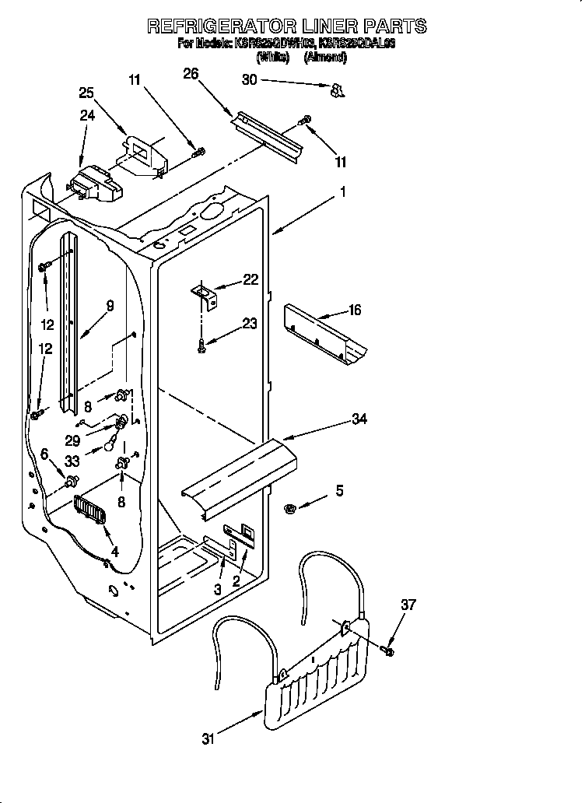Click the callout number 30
(249, 79)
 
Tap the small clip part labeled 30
(337, 91)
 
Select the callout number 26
(191, 74)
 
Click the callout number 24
(87, 115)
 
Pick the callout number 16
(354, 310)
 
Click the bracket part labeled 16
(325, 333)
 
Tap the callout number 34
(359, 419)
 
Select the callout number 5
(338, 490)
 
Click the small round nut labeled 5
(290, 509)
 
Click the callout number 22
(250, 280)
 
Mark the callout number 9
(110, 306)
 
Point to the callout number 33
(72, 460)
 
